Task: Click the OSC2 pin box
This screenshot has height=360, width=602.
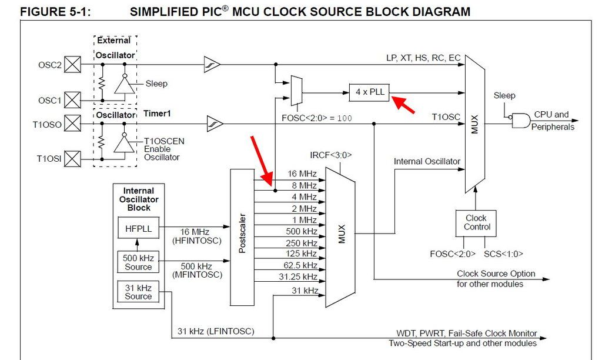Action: [72, 64]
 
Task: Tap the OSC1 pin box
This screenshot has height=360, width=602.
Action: [72, 100]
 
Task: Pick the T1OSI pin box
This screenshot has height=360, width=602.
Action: [72, 158]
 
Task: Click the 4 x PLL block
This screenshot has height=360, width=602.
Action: [370, 92]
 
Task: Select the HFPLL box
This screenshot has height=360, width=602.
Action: [138, 228]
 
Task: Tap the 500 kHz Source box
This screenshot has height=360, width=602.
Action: [138, 262]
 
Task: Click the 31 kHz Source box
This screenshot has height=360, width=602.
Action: [138, 292]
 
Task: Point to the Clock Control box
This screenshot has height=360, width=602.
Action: [476, 222]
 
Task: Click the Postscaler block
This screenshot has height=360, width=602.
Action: [242, 237]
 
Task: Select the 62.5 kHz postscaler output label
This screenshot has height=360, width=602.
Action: [302, 265]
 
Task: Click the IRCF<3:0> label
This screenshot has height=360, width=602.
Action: [330, 155]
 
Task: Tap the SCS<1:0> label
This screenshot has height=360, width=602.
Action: [503, 254]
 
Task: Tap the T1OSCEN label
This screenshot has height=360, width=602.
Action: [164, 141]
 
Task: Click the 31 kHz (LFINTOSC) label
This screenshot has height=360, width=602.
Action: [216, 331]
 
